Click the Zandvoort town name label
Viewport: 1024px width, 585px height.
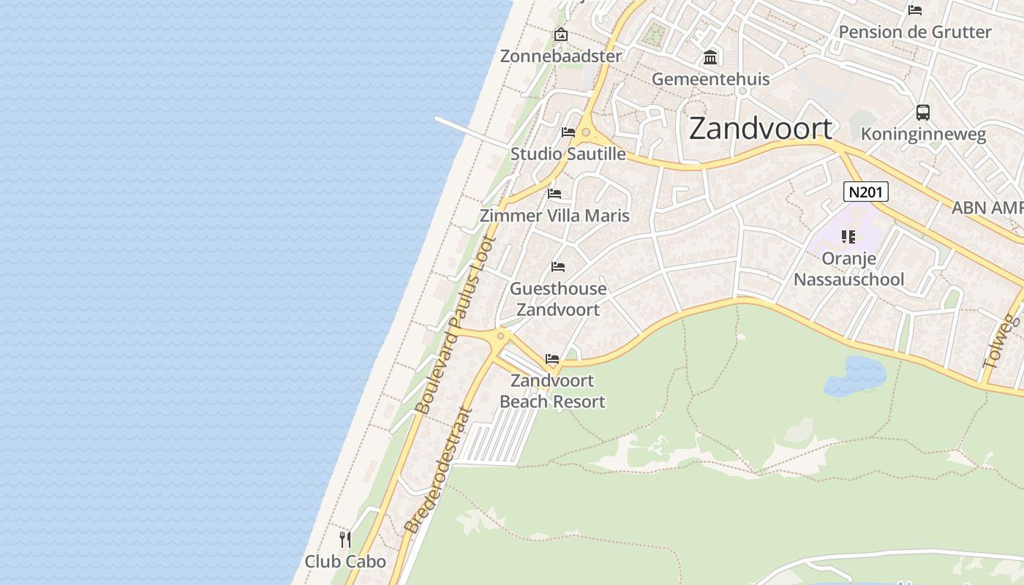(761, 129)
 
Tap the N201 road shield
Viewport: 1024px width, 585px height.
(865, 192)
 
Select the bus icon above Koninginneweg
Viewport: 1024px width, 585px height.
(923, 113)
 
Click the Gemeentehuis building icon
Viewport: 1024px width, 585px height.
(710, 57)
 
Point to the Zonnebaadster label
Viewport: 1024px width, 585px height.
(561, 56)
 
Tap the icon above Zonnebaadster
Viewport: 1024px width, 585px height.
(561, 34)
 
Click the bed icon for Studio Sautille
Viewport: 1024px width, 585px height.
(568, 132)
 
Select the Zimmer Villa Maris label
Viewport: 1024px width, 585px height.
(554, 216)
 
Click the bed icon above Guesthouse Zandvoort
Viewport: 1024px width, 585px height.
(558, 267)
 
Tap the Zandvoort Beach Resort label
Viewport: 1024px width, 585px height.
(552, 391)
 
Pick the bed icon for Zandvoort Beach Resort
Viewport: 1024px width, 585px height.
(552, 359)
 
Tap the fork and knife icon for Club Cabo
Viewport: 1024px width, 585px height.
(345, 540)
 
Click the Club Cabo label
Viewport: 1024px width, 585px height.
(345, 562)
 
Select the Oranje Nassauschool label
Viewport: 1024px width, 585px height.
(848, 269)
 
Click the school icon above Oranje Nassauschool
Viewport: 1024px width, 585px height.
(848, 236)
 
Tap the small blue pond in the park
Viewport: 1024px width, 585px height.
(854, 376)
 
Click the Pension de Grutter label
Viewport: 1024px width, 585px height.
(914, 32)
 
